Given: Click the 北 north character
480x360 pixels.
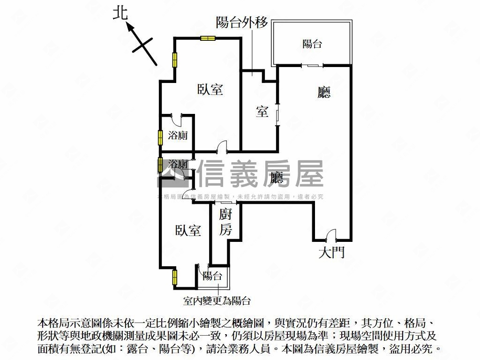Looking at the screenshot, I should (120, 14).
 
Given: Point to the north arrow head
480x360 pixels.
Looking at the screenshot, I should (130, 28).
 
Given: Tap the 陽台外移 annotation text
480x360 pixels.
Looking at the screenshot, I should (241, 22).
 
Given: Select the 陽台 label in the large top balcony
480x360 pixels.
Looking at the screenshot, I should (312, 44).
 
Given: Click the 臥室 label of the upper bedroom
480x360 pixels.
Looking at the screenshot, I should (210, 89).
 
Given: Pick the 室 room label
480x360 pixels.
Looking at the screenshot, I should (262, 112).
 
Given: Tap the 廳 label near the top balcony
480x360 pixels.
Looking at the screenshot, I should (324, 92).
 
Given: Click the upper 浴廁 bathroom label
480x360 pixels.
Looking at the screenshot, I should (178, 135).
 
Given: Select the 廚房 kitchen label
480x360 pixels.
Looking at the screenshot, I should (226, 222).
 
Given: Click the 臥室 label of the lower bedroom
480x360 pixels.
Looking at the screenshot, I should (188, 231).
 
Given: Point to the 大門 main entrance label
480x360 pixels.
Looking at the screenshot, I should (331, 253).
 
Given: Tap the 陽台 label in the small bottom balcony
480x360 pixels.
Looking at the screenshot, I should (212, 276).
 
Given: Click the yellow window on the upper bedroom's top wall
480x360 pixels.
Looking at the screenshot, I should (207, 38).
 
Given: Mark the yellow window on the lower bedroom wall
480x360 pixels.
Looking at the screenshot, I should (174, 277).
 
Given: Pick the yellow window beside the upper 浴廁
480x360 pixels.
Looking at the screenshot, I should (160, 137).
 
